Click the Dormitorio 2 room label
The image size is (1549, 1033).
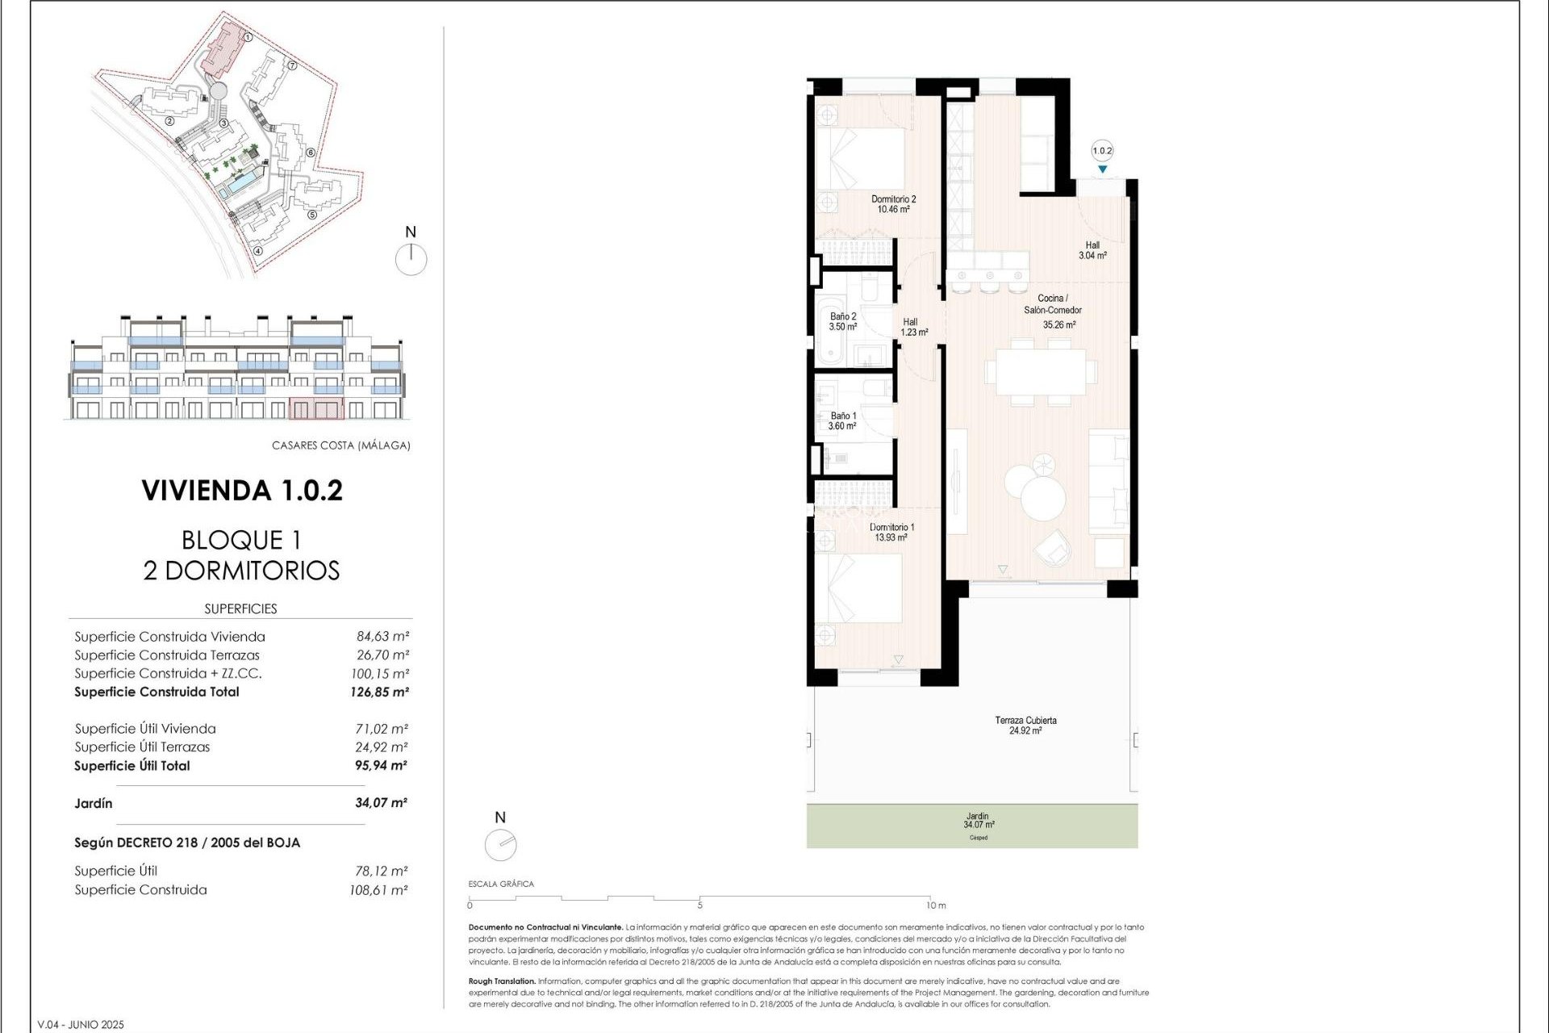[x=893, y=203]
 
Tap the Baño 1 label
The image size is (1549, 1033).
[x=842, y=420]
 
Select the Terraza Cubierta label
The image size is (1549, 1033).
[x=1025, y=725]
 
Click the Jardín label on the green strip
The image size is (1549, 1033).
[x=978, y=820]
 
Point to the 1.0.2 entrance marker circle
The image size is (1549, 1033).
[x=1102, y=151]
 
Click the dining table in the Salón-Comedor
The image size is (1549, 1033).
[x=1040, y=372]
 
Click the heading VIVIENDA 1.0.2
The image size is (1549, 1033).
[x=242, y=491]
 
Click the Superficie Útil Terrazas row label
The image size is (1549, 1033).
[x=142, y=747]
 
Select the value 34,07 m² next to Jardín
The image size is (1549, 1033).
[x=381, y=803]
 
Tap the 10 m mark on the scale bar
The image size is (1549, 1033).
[x=935, y=905]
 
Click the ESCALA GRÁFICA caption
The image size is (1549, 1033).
[x=501, y=884]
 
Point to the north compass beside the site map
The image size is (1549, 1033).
[x=411, y=258]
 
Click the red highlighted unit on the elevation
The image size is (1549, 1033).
[x=315, y=408]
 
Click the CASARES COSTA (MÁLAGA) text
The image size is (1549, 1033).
[x=340, y=445]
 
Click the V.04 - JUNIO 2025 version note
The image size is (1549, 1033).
[x=81, y=1025]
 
